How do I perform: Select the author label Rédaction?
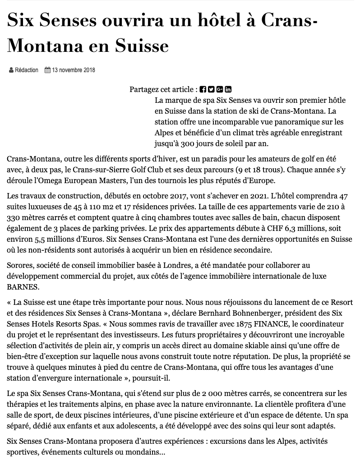click(27, 70)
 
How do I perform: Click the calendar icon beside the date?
click(47, 70)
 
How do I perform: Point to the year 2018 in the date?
click(89, 70)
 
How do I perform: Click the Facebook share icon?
click(203, 89)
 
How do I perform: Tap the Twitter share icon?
click(211, 89)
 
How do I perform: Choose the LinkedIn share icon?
click(228, 89)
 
